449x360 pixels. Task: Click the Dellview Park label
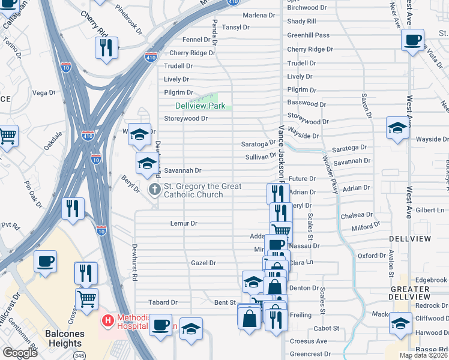pyautogui.click(x=200, y=106)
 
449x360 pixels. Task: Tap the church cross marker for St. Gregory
pyautogui.click(x=154, y=190)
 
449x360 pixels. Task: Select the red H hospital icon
pyautogui.click(x=108, y=320)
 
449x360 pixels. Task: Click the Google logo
pyautogui.click(x=19, y=353)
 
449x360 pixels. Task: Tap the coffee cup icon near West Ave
pyautogui.click(x=412, y=40)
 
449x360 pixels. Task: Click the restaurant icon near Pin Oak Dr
pyautogui.click(x=73, y=208)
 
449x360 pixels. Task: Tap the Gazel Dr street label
pyautogui.click(x=203, y=263)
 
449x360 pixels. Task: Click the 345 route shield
pyautogui.click(x=78, y=355)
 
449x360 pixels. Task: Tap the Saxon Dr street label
pyautogui.click(x=364, y=106)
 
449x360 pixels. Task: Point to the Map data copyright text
pyautogui.click(x=423, y=355)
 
